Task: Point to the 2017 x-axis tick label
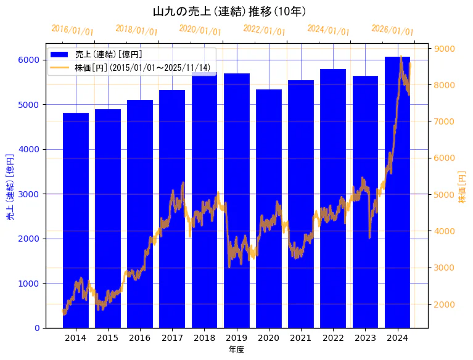tap(172, 338)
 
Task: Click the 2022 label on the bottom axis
tap(333, 338)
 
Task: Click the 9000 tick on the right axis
tap(445, 49)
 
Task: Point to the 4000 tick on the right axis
tap(445, 231)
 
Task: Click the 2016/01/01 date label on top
tap(72, 30)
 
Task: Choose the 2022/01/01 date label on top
tap(264, 30)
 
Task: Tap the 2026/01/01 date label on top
tap(392, 30)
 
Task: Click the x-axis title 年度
tap(236, 350)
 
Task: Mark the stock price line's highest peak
tap(401, 57)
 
